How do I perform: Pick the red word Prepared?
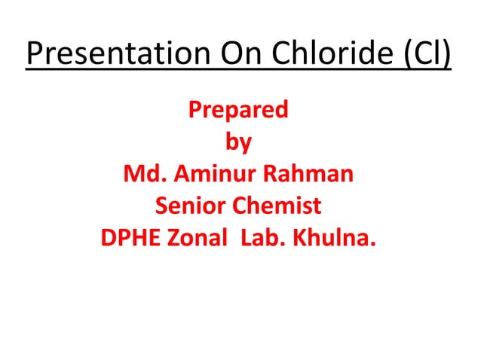(237, 111)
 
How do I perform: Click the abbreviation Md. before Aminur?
(146, 174)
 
